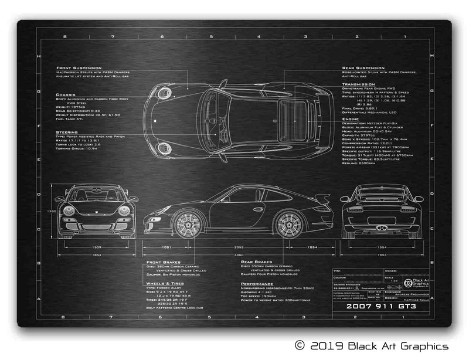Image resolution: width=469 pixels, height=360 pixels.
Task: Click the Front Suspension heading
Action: point(79,68)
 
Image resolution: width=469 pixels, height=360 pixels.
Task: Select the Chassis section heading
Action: point(66,94)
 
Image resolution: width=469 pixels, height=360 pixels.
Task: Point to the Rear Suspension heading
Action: point(363,68)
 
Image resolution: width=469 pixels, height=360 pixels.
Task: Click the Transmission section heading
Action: point(359,84)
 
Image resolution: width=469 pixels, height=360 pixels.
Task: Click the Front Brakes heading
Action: point(162,262)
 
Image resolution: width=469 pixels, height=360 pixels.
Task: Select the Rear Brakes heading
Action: point(257,262)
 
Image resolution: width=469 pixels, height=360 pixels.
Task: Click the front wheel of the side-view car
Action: point(188,224)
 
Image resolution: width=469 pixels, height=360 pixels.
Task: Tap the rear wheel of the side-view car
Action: point(288,224)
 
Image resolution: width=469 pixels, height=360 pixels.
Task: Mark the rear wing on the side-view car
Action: point(321,198)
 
